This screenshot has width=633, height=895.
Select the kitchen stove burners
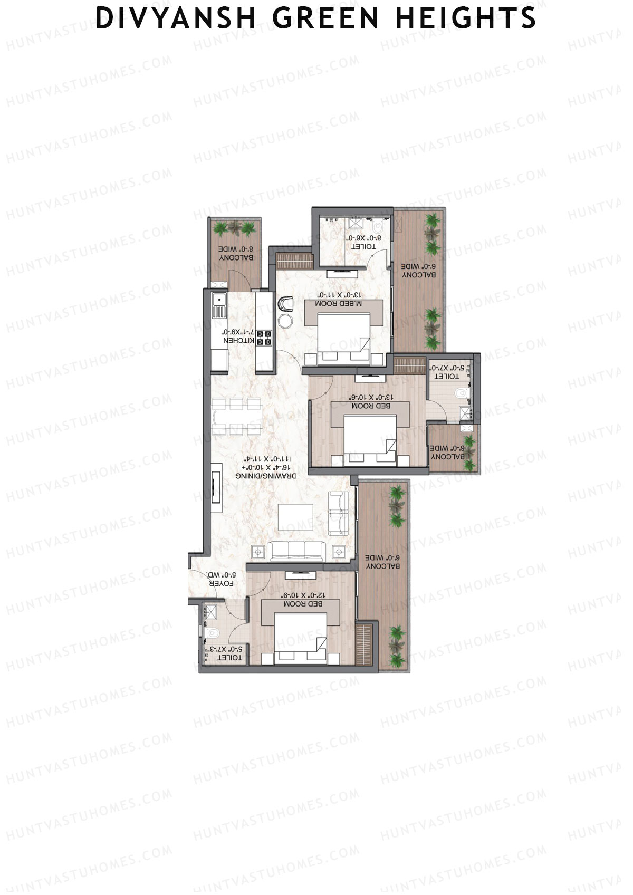pyautogui.click(x=263, y=338)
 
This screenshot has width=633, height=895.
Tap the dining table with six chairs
pyautogui.click(x=237, y=417)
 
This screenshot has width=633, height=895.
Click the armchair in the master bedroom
pyautogui.click(x=285, y=304)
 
